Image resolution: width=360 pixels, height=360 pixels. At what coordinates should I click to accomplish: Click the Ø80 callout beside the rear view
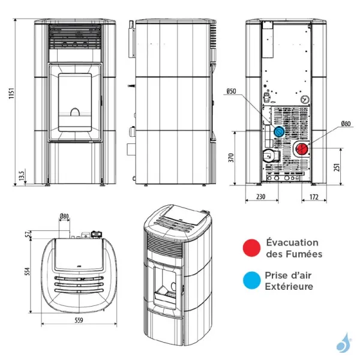pyautogui.click(x=346, y=124)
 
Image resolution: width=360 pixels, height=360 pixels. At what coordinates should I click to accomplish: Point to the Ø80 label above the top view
pyautogui.click(x=64, y=216)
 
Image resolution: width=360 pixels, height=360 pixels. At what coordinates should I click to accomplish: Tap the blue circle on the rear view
pyautogui.click(x=278, y=131)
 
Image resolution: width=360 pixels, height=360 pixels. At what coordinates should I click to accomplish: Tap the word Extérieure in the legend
pyautogui.click(x=289, y=287)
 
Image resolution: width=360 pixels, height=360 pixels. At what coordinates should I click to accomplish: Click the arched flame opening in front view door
pyautogui.click(x=74, y=112)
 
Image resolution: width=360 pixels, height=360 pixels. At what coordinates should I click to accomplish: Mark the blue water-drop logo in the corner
pyautogui.click(x=341, y=344)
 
